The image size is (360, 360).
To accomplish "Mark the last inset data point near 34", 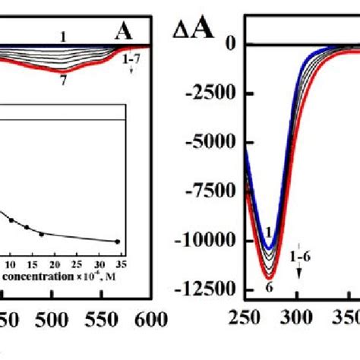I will (118, 241).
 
